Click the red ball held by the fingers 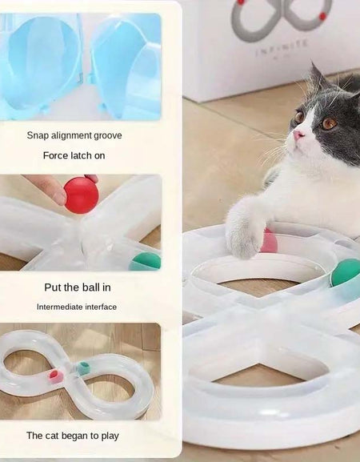pos(81,195)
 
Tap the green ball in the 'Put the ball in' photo pos(146,261)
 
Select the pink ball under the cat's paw pos(270,241)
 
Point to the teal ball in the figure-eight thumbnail pos(83,368)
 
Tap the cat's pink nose pos(298,135)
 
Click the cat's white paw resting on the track pos(245,237)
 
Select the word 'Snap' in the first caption pos(38,135)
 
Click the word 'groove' pos(106,135)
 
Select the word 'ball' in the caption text pos(93,286)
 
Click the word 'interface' pos(102,307)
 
